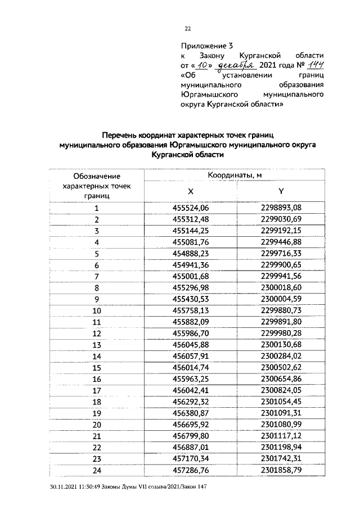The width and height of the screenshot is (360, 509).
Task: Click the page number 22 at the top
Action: pos(188,29)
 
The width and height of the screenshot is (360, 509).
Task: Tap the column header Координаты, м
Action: pos(236,175)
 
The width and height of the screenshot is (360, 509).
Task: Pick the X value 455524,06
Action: pos(190,208)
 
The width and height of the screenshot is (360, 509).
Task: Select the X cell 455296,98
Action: pos(190,287)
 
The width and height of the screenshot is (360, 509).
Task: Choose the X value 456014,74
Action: pos(190,367)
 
